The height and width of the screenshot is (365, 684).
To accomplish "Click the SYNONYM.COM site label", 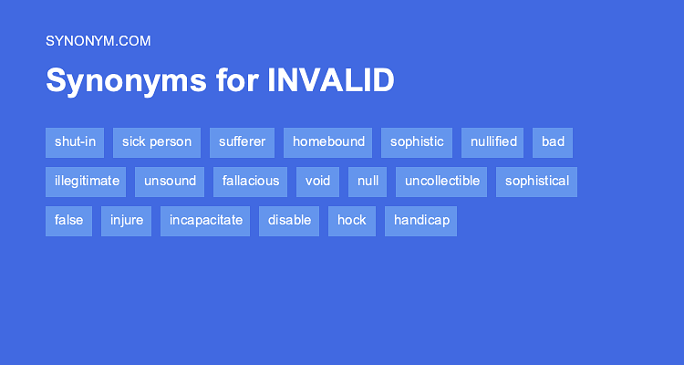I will tap(98, 40).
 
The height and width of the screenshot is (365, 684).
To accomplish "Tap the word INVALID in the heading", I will tap(331, 80).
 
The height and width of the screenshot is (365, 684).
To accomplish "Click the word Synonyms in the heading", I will tap(127, 80).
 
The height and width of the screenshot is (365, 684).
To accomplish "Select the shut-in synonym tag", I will tap(75, 142).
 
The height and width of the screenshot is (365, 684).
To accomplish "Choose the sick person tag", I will tap(157, 142).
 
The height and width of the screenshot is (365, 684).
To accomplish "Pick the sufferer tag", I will tap(242, 142).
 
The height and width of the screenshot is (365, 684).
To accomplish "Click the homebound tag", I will tap(328, 142).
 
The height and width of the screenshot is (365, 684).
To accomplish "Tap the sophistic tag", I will tap(417, 142).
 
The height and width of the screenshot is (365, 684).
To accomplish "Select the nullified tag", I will tap(493, 142).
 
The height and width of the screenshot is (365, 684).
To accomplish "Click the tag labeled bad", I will tap(553, 142).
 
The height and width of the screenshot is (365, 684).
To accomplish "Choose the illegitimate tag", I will tap(87, 182).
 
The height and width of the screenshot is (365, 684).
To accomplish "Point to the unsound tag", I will tap(170, 182).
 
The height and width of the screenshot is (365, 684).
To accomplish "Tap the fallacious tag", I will tap(251, 182).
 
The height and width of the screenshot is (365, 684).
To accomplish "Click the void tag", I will tap(318, 182).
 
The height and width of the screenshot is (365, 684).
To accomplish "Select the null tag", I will tap(368, 182).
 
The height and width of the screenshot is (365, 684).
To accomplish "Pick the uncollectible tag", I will tap(442, 182).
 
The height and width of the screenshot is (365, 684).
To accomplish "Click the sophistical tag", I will tap(537, 182).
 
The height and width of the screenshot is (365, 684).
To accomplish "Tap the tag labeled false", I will tap(68, 221).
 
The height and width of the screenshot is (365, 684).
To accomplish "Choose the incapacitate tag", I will tap(206, 221).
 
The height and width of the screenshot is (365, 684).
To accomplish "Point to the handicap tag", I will tap(420, 221).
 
